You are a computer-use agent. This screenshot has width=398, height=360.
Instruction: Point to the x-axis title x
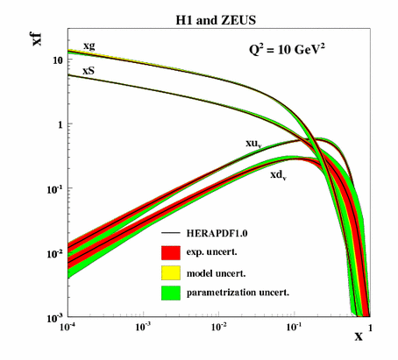[x=359, y=337]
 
